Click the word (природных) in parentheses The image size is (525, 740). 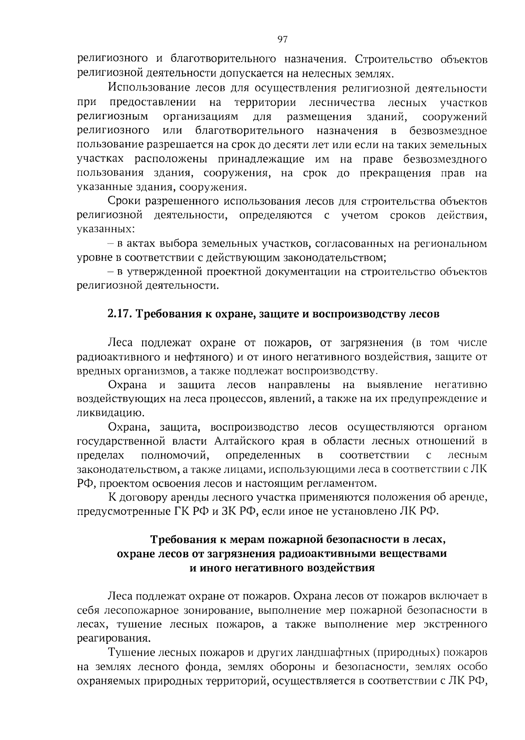click(406, 653)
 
